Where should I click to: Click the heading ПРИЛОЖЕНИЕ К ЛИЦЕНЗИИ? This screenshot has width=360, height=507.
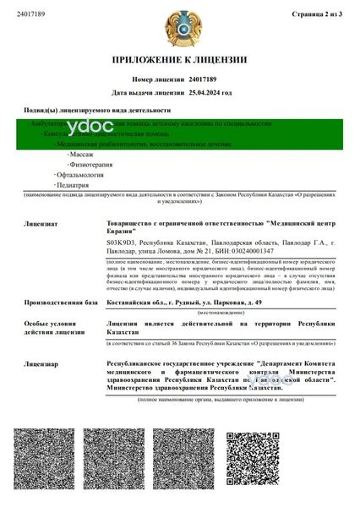(179, 60)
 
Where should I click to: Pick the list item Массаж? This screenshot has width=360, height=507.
(81, 155)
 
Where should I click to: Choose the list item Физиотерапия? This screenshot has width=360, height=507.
(89, 165)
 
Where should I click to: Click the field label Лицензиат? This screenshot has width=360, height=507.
(41, 224)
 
